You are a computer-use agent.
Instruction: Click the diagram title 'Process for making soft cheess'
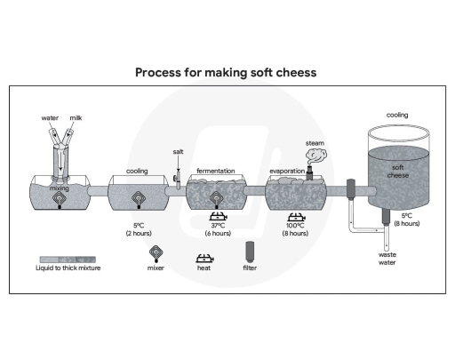click(227, 71)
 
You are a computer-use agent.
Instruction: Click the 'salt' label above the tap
click(179, 152)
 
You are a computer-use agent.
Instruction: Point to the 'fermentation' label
click(217, 170)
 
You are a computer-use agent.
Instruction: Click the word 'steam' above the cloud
click(315, 142)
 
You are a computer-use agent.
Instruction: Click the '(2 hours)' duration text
click(138, 233)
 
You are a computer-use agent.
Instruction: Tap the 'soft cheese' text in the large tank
click(397, 171)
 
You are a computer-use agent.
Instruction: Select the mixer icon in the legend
click(156, 250)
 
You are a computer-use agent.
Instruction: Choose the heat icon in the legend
click(204, 251)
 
